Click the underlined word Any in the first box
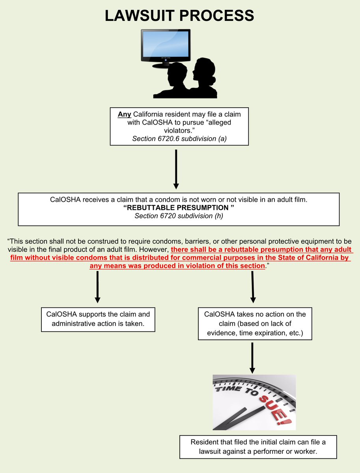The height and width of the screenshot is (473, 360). pyautogui.click(x=124, y=114)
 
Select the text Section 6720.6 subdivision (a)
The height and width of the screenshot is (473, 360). pyautogui.click(x=179, y=138)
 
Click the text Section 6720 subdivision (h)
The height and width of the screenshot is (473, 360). pyautogui.click(x=179, y=216)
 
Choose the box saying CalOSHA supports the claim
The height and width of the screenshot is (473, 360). pyautogui.click(x=98, y=319)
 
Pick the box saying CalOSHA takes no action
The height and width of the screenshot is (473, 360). pyautogui.click(x=255, y=324)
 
